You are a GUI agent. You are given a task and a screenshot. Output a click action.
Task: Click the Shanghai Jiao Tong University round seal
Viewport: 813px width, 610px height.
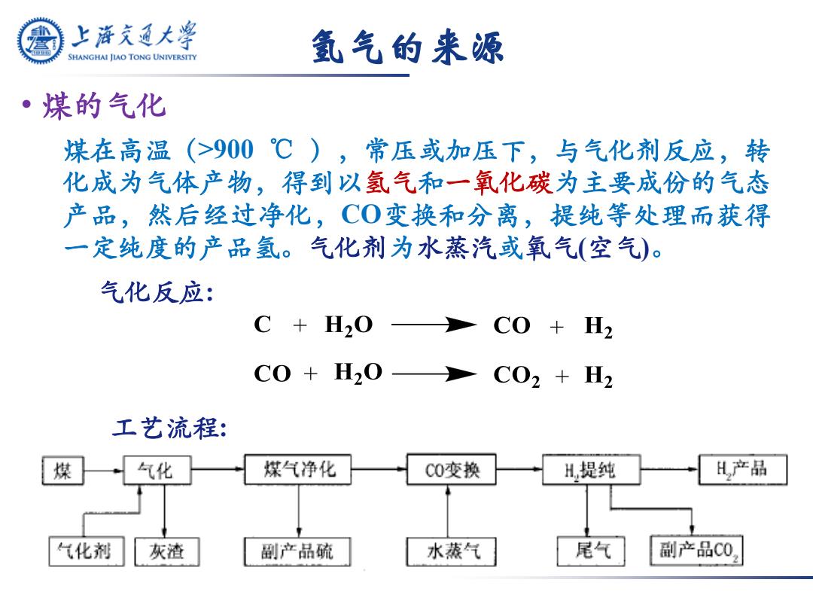[41, 41]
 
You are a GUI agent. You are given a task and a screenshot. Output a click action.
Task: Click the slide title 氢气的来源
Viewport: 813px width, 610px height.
[407, 47]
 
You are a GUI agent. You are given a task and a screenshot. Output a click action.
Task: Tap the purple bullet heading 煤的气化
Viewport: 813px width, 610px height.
[104, 106]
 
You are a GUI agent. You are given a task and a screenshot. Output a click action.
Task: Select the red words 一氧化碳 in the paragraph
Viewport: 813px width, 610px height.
[499, 182]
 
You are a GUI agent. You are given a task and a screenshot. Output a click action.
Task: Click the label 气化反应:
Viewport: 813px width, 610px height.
[157, 292]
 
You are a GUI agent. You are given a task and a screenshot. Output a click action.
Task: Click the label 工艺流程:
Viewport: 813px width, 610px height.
[169, 428]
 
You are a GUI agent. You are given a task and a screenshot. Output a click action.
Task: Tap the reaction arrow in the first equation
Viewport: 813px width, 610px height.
[434, 325]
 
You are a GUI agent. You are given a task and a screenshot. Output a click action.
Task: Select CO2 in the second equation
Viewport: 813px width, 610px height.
[516, 375]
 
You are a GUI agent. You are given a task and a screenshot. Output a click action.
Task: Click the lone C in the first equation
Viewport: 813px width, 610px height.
[263, 325]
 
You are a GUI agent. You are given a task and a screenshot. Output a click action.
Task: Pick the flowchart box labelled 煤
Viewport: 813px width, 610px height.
[62, 471]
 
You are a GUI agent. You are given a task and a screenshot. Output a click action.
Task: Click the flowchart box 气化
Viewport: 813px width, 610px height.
[157, 471]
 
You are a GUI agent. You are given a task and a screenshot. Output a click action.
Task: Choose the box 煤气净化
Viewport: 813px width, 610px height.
[298, 469]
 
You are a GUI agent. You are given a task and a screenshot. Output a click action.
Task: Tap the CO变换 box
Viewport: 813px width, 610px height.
[452, 469]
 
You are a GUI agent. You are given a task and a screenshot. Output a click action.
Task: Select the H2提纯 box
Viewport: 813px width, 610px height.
[591, 469]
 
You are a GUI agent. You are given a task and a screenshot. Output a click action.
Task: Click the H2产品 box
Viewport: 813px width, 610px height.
[743, 469]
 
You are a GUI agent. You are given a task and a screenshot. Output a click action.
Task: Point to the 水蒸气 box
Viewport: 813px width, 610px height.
[452, 551]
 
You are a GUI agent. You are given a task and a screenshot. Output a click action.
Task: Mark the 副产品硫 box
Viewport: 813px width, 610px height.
[297, 551]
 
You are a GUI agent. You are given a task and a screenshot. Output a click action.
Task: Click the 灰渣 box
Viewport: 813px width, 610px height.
[167, 551]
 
